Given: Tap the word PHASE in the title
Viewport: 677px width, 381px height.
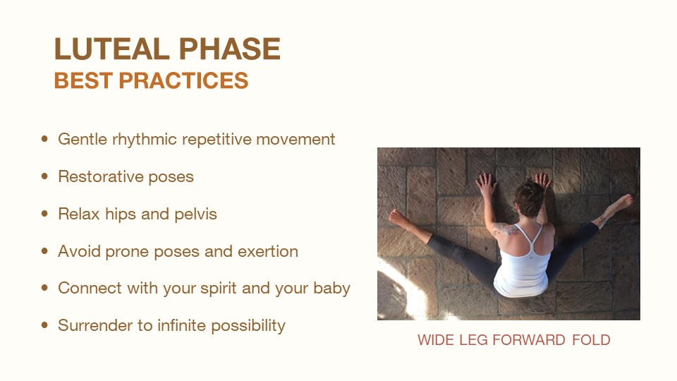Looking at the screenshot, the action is point(230,49).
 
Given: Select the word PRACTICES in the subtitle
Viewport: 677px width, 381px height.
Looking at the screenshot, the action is point(183,80).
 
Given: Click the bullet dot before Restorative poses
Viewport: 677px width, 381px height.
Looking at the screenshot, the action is point(44,176).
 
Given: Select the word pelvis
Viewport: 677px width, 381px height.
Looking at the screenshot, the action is point(195,214).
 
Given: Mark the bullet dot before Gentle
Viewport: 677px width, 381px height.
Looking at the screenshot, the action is point(44,139).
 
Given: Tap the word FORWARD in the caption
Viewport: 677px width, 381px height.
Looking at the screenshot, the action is point(529,340).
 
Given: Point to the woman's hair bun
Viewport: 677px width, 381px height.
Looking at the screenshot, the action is point(530,198).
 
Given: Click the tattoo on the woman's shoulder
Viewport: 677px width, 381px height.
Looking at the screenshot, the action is point(506,229).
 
